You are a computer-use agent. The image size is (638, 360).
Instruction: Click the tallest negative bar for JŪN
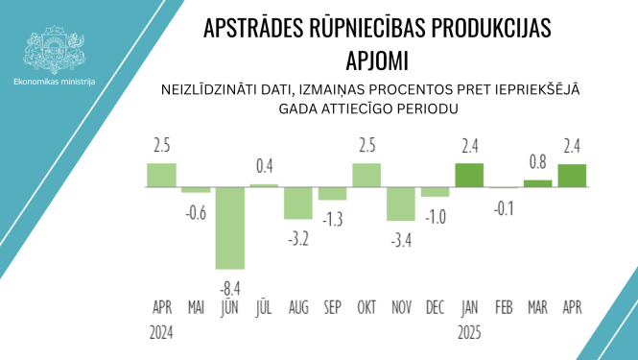click(230, 227)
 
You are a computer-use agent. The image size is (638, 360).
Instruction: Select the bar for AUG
click(298, 203)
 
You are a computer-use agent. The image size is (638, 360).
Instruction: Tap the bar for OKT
click(366, 175)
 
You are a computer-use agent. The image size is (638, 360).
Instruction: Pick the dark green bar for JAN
click(469, 175)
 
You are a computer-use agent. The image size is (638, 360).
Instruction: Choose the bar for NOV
click(401, 204)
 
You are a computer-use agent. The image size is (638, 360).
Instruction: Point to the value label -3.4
click(400, 235)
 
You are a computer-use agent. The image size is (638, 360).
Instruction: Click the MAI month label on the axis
click(196, 308)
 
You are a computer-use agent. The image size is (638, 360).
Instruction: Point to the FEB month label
click(503, 308)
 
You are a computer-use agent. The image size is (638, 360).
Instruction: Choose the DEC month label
click(435, 308)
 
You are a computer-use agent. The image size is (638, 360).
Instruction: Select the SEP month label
click(332, 308)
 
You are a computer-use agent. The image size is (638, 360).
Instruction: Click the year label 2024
click(162, 332)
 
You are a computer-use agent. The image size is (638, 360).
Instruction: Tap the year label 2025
click(469, 332)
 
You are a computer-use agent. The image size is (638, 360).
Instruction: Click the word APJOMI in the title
click(377, 60)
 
